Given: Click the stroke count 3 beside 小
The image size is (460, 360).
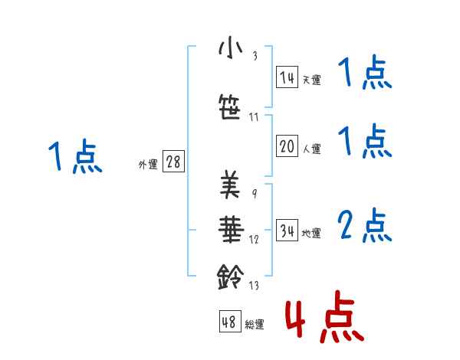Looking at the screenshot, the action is (255, 56).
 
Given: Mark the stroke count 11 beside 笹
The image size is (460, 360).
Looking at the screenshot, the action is (255, 116).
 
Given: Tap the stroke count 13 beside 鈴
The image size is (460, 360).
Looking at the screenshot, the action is (255, 286).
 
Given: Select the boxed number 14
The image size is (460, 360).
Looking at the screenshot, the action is (287, 77).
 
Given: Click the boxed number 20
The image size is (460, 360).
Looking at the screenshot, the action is (287, 147).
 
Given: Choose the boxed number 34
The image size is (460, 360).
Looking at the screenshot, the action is (287, 231).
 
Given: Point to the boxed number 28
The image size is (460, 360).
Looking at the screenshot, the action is (174, 162).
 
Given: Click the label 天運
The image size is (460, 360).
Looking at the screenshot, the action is (311, 80).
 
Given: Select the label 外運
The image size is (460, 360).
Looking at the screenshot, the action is (148, 164).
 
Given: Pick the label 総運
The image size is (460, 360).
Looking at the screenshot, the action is (255, 325).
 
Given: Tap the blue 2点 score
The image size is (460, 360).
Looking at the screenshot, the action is (365, 227).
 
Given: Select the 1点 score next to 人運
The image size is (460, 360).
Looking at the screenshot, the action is (365, 142).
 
